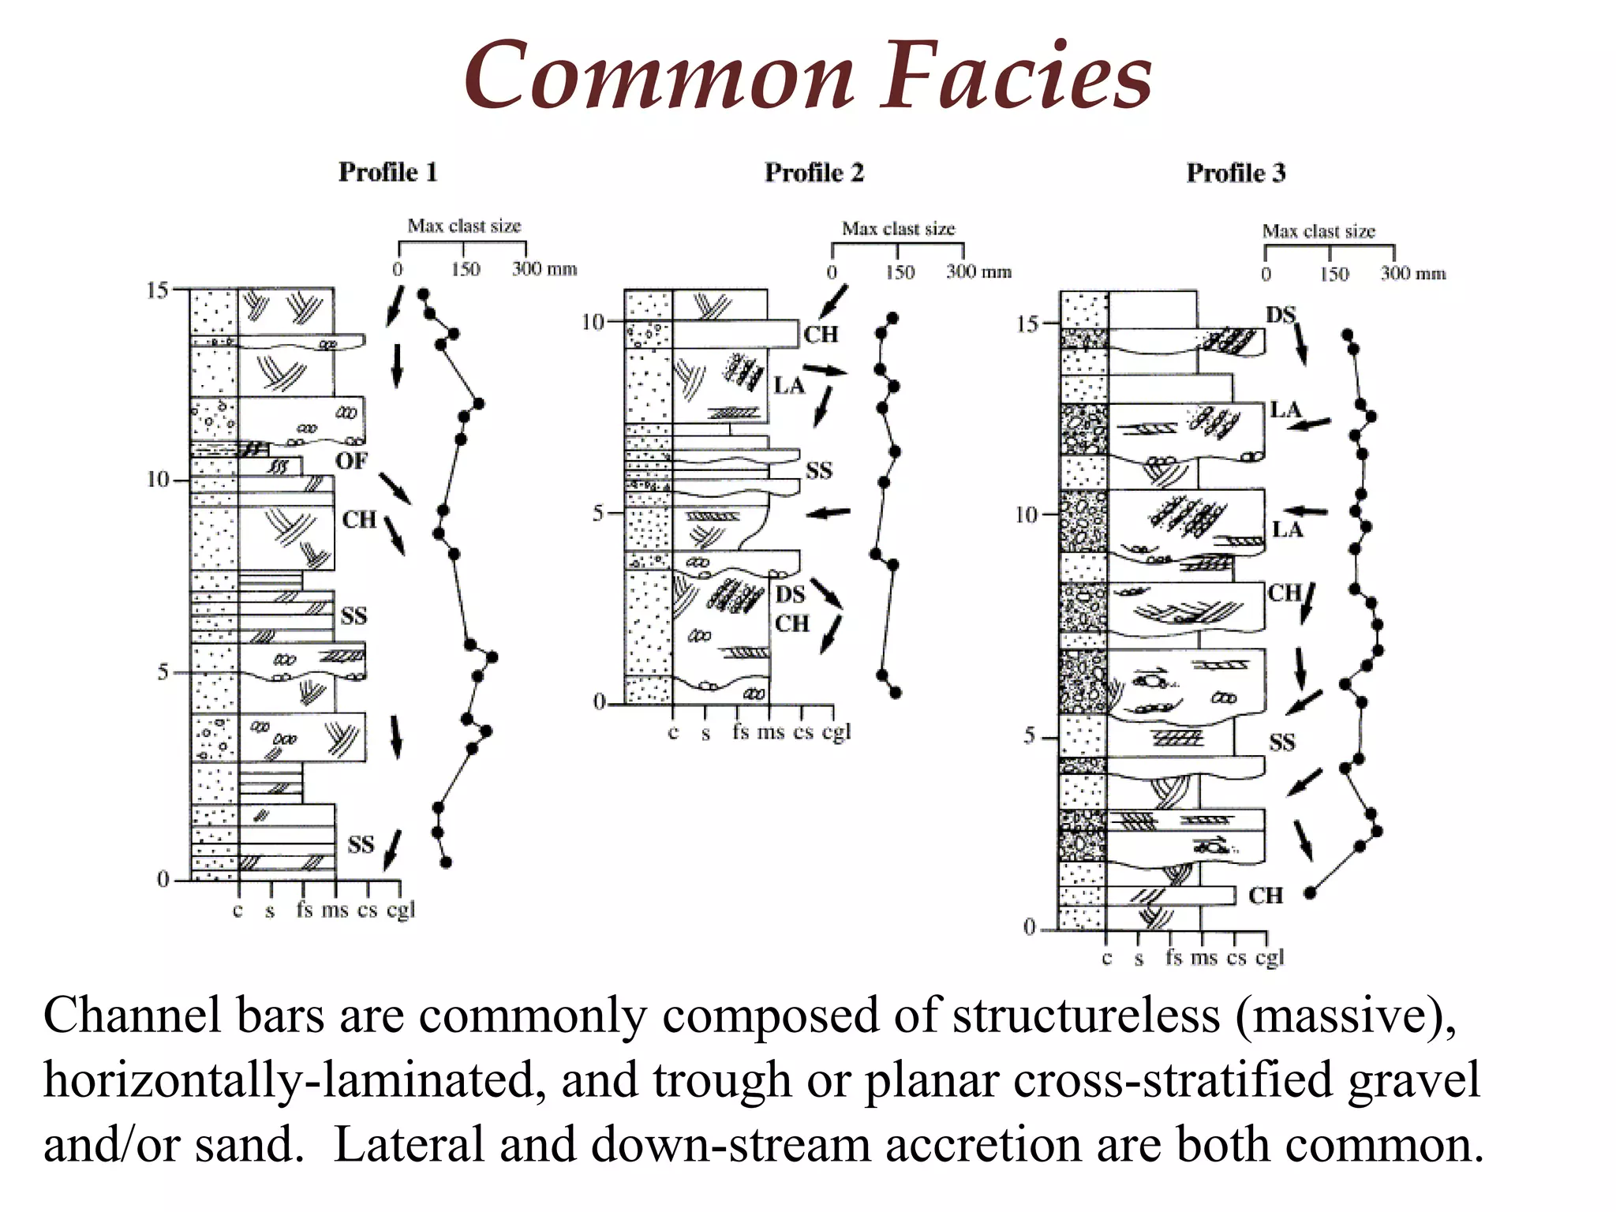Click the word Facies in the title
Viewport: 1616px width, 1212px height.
coord(1016,77)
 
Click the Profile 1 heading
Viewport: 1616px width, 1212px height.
coord(387,172)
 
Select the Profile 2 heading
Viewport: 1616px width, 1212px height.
coord(814,173)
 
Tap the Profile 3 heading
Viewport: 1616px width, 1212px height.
coord(1236,173)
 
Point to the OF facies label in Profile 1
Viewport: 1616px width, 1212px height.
coord(351,461)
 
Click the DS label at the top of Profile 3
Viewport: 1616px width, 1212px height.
coord(1281,315)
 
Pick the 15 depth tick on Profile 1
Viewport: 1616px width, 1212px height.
coord(158,290)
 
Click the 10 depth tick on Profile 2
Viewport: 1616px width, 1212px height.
coord(593,322)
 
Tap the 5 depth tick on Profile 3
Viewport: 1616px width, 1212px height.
coord(1030,736)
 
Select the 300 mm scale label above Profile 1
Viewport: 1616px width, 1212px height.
coord(544,269)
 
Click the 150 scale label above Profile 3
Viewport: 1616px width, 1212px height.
coord(1334,274)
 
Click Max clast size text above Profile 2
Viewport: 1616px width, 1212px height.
coord(898,229)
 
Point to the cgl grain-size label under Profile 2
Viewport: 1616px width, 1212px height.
coord(836,732)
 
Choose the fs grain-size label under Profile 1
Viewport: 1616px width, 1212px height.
coord(305,910)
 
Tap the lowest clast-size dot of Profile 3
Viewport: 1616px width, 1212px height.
coord(1310,892)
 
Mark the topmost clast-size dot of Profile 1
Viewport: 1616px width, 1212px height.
coord(424,294)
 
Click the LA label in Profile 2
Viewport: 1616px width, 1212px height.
coord(788,386)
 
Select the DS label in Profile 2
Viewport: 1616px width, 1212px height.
coord(790,594)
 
